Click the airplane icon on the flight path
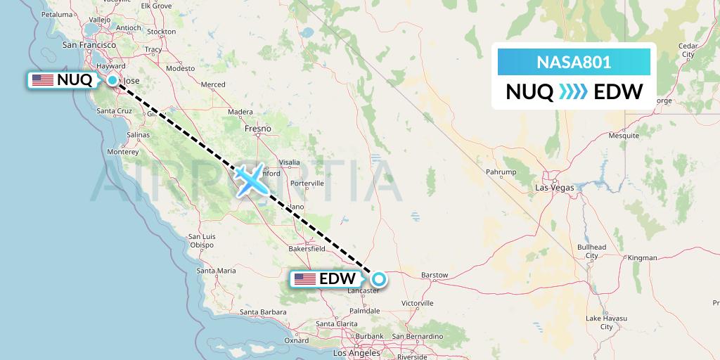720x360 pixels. point(250,180)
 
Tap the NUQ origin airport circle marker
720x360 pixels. point(112,80)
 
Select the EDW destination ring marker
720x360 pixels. point(379,279)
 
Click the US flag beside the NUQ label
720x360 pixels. point(43,80)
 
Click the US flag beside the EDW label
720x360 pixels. point(304,279)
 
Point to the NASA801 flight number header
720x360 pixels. point(574,63)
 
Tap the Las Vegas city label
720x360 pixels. point(554,188)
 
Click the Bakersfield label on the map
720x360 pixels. point(306,248)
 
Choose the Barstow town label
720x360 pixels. point(433,274)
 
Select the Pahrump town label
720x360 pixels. point(501,172)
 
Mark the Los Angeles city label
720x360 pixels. point(358,352)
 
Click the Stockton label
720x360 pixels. point(162,32)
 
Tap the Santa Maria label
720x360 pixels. point(216,270)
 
